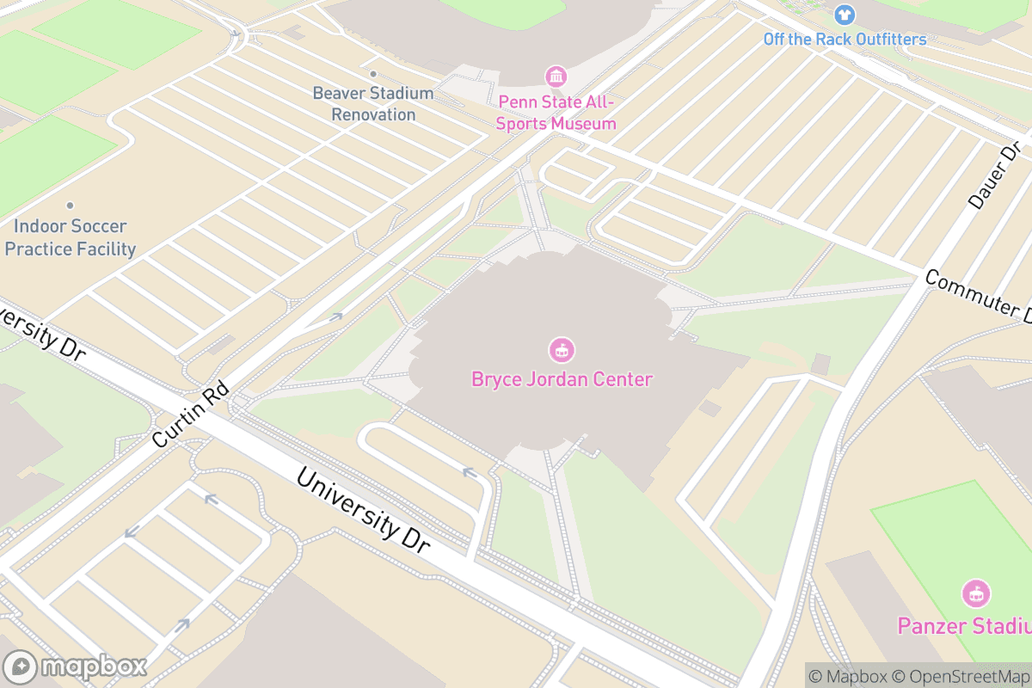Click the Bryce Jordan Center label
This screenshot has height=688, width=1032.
(x=562, y=379)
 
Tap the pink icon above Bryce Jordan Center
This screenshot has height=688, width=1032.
(x=562, y=350)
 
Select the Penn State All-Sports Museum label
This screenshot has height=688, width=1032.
(x=556, y=113)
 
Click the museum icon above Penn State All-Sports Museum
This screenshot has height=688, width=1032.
(x=556, y=77)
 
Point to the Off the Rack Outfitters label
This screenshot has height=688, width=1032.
(x=845, y=40)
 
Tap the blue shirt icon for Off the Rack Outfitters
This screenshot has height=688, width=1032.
(x=845, y=15)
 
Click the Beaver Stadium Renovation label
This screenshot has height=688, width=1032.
(x=373, y=103)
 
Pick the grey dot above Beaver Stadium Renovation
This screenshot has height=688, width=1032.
(x=373, y=74)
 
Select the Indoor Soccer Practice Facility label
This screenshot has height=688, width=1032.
(x=71, y=237)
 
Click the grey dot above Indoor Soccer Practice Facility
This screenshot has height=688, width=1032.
(x=70, y=206)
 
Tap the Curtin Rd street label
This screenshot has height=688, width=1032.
(x=191, y=416)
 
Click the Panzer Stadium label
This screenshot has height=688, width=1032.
(x=964, y=625)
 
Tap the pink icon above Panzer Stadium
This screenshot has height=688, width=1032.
(x=976, y=593)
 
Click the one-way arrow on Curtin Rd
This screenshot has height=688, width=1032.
(x=335, y=317)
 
